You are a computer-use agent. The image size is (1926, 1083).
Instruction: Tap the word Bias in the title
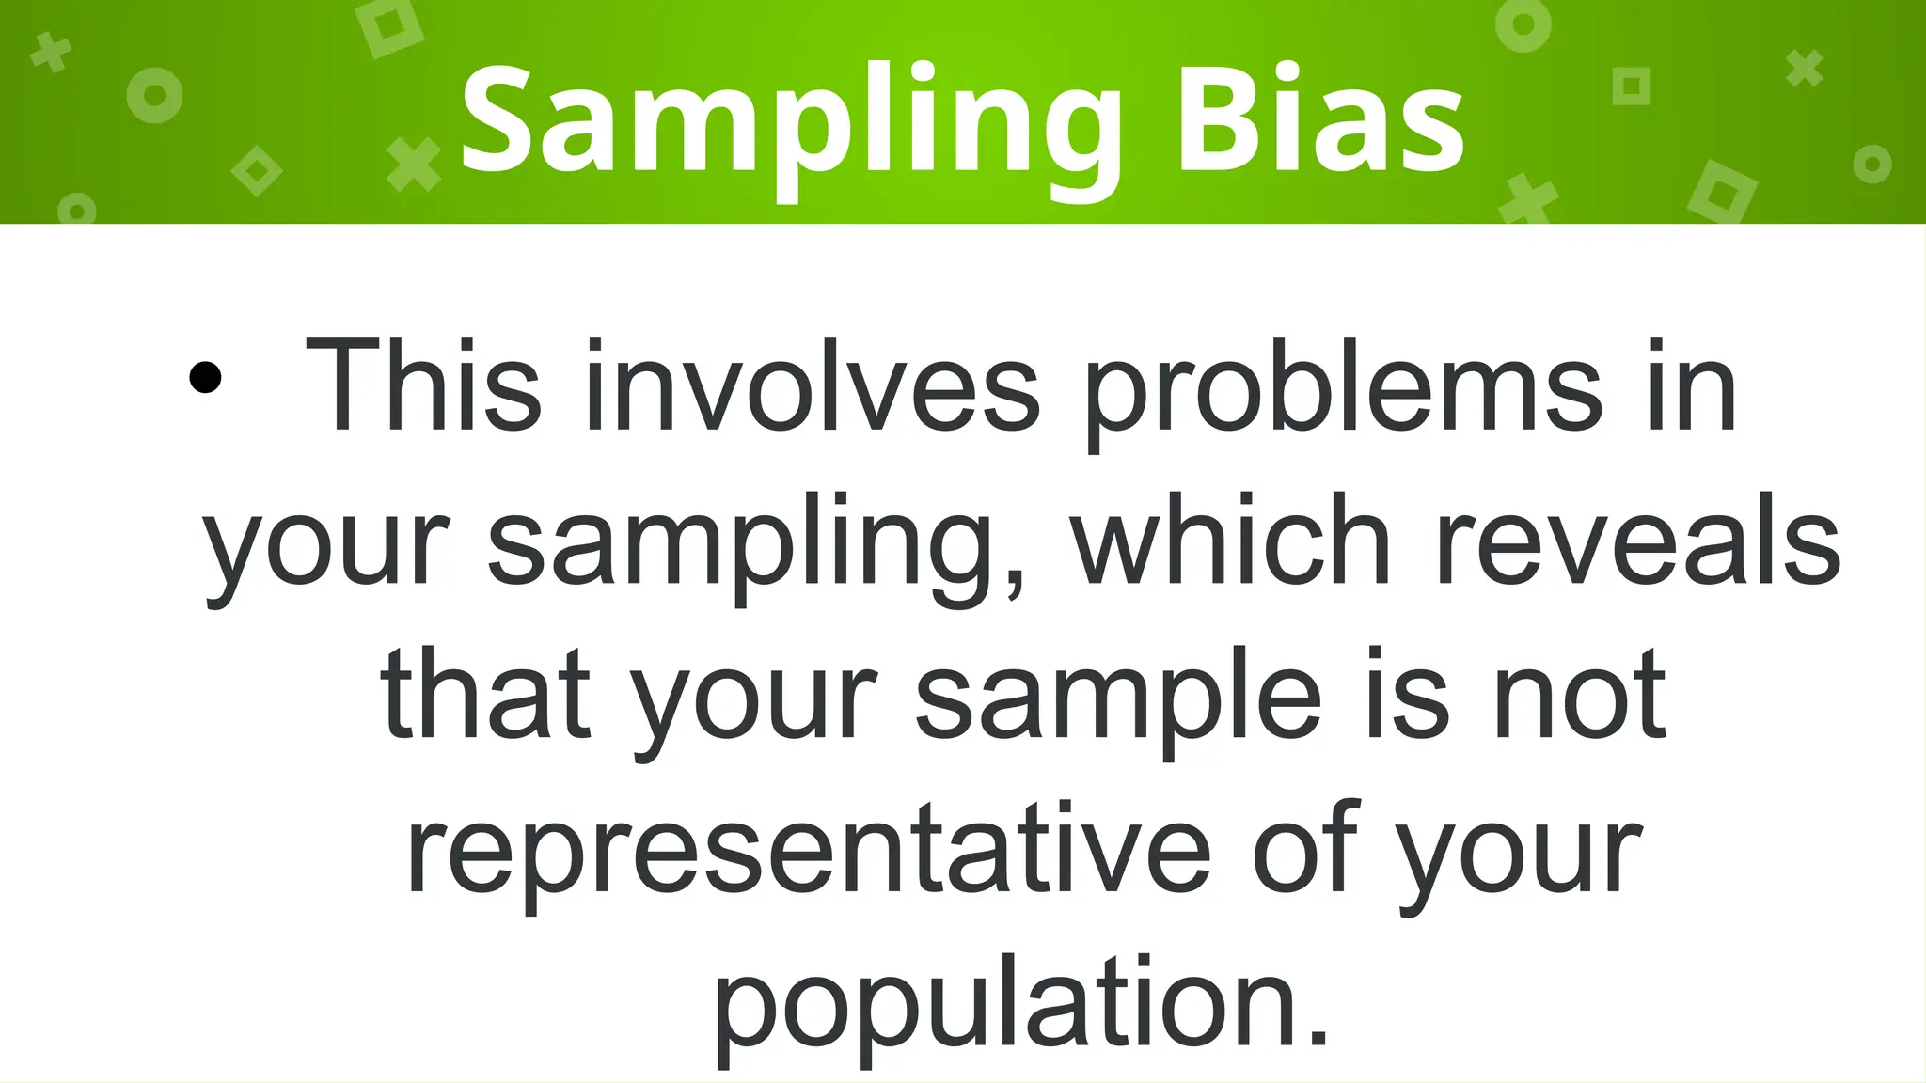(1320, 122)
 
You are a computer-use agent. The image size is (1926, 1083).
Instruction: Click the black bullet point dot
(205, 378)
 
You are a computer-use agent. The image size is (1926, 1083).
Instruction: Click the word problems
(1343, 390)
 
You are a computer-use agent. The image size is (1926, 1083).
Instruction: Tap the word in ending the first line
(1692, 387)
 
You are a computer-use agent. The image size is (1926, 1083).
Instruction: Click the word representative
(809, 851)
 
